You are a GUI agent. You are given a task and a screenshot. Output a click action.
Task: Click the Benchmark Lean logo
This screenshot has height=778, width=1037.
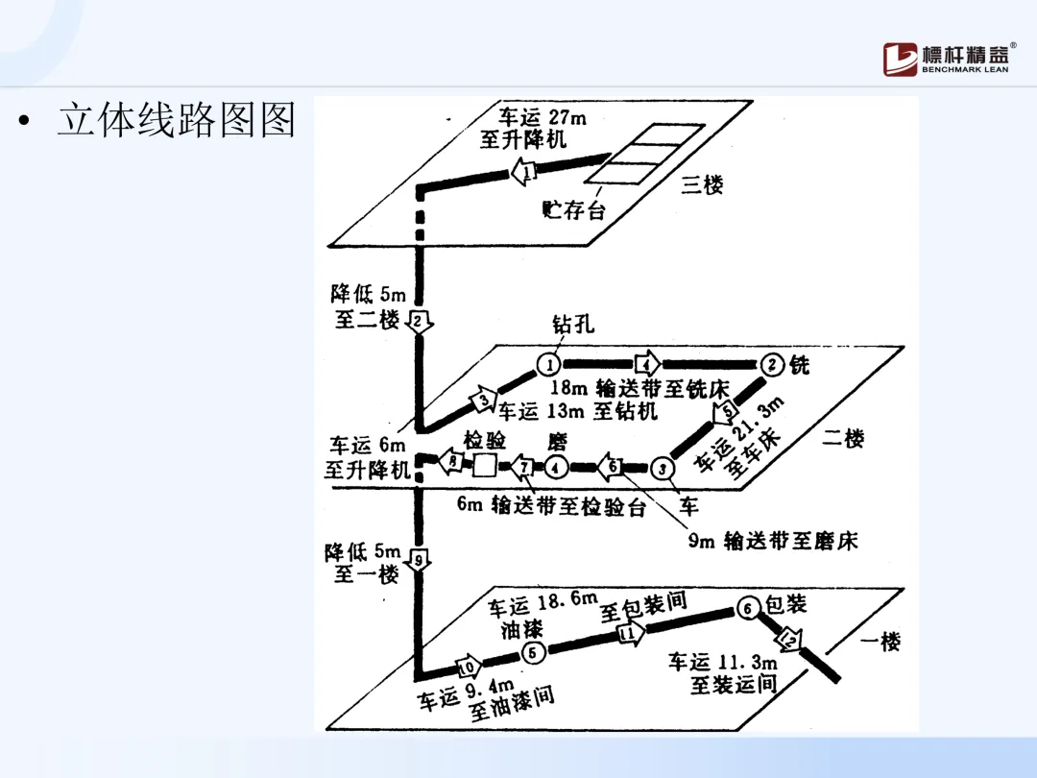click(x=947, y=59)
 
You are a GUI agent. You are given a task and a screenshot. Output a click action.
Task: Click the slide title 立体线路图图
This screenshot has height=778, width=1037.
click(x=176, y=120)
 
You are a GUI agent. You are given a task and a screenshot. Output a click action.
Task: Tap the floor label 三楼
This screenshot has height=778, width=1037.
click(x=702, y=184)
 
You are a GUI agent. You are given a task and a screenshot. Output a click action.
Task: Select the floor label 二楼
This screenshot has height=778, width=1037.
click(x=843, y=439)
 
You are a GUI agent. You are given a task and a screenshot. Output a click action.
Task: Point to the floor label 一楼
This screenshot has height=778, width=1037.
click(x=880, y=642)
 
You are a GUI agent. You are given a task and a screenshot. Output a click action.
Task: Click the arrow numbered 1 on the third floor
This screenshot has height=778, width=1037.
click(x=524, y=172)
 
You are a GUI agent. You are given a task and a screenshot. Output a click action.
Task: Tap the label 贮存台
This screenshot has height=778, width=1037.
click(x=574, y=209)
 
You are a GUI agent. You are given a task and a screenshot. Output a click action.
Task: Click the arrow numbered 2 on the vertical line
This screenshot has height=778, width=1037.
click(x=420, y=321)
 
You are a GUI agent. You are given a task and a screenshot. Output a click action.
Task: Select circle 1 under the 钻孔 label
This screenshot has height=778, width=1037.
click(x=548, y=364)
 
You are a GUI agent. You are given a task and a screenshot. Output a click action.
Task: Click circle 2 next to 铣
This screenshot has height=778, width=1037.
click(x=773, y=364)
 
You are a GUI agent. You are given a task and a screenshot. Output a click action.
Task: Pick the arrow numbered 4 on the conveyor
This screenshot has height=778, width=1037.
click(x=647, y=364)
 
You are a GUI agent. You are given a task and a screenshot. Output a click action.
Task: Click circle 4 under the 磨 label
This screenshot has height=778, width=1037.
click(x=557, y=467)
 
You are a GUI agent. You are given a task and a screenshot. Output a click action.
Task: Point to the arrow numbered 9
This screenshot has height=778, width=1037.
click(x=420, y=560)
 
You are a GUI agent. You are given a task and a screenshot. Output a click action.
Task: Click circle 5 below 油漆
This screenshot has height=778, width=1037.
click(x=534, y=652)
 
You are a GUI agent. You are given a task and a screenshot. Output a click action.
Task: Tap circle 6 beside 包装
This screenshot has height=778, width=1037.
click(x=749, y=608)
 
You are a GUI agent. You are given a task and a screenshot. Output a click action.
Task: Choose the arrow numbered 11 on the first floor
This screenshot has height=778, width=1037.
click(x=631, y=633)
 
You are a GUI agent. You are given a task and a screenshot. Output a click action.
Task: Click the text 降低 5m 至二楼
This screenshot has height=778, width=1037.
click(x=369, y=306)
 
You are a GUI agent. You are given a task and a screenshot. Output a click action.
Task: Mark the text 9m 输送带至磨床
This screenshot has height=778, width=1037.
click(x=772, y=541)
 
